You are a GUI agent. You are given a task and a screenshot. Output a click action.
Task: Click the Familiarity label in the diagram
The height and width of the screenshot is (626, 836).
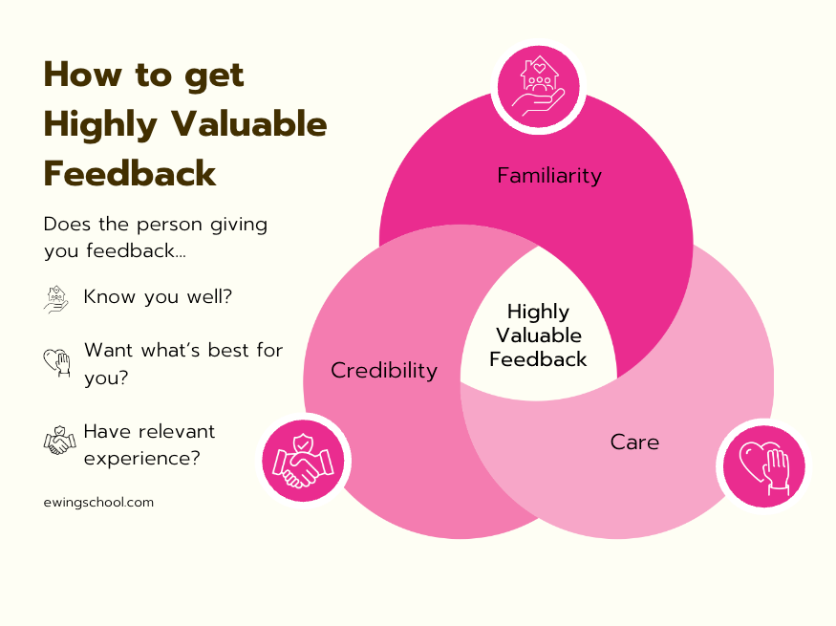[x=549, y=175]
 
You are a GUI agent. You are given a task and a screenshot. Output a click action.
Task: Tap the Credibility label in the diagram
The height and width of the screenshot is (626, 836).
[x=383, y=370]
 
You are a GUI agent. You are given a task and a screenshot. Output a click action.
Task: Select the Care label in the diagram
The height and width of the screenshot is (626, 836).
[x=634, y=442]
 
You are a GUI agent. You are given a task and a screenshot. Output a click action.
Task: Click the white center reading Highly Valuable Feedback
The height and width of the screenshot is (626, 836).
[x=538, y=335]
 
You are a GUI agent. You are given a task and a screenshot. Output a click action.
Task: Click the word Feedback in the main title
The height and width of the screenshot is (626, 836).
[x=130, y=174]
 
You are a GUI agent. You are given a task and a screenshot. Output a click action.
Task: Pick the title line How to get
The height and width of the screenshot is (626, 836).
[x=144, y=75]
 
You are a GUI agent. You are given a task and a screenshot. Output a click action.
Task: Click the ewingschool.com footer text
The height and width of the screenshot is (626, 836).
[x=98, y=501]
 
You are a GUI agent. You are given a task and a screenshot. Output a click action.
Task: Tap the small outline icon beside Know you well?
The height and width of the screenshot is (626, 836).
[x=57, y=298]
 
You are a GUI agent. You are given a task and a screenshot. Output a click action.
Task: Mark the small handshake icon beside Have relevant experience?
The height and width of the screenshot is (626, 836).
[x=59, y=442]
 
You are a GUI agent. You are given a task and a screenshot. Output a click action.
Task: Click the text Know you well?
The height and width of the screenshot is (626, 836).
[x=158, y=297]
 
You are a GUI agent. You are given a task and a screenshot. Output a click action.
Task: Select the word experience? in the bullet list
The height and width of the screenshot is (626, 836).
[x=141, y=458]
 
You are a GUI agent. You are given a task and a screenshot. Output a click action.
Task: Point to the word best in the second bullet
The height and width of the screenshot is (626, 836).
[x=222, y=350]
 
